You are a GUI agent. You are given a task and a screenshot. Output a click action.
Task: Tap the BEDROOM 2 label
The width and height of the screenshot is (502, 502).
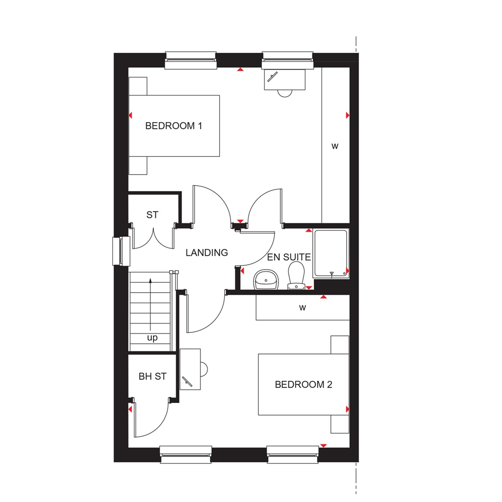pos(303,385)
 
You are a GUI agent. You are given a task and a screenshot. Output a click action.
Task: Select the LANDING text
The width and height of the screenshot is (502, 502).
pos(207,253)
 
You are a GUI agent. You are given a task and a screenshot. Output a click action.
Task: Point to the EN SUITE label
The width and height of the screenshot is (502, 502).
pos(289,257)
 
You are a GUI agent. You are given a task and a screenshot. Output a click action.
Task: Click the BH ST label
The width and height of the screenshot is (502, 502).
pos(152,376)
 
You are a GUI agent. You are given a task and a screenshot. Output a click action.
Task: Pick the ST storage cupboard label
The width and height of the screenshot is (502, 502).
pos(152,215)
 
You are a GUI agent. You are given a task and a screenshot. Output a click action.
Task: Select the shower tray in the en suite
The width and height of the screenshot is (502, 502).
pos(331,252)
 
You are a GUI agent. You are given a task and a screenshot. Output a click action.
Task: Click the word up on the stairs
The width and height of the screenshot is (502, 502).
pos(152,338)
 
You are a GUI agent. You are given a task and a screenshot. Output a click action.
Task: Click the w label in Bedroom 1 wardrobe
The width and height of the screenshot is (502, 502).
pos(335,146)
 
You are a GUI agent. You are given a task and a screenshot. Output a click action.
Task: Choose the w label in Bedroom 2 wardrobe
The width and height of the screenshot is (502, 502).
pos(302,308)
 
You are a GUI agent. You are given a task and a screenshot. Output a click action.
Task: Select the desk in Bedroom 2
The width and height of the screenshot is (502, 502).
pos(190,369)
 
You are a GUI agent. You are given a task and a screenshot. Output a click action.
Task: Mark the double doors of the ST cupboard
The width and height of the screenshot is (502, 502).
pos(152,238)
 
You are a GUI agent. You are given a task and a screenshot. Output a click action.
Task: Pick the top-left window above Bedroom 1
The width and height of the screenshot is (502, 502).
pos(191,60)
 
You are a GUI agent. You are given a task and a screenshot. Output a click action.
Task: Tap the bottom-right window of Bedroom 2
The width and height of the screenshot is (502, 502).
pos(293,454)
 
